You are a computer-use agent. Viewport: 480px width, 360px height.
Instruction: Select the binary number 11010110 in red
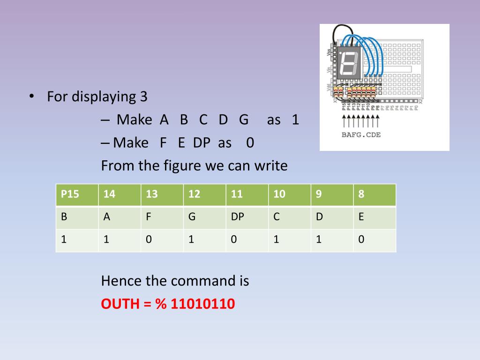pyautogui.click(x=202, y=304)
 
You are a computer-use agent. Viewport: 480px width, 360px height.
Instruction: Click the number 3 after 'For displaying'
pyautogui.click(x=143, y=97)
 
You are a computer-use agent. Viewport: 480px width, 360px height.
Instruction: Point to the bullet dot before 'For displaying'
pyautogui.click(x=31, y=97)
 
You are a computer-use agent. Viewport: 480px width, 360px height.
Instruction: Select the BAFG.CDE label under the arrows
pyautogui.click(x=360, y=135)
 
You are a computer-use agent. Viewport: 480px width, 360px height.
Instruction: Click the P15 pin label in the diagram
pyautogui.click(x=344, y=107)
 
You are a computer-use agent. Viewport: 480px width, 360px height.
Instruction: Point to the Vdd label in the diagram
pyautogui.click(x=329, y=88)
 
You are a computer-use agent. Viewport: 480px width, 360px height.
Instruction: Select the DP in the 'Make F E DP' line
pyautogui.click(x=202, y=142)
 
